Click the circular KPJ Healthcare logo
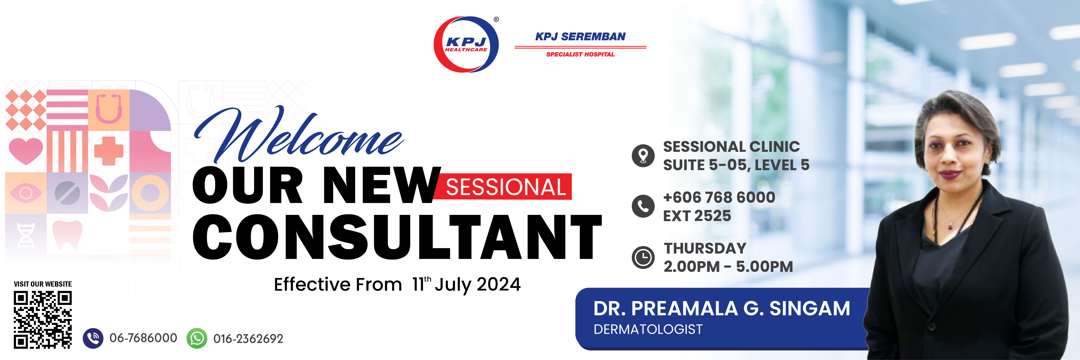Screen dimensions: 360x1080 tap(466, 44)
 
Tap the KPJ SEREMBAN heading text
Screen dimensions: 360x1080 tap(580, 37)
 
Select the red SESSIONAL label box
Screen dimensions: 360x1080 tap(505, 187)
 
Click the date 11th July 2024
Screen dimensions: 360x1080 tap(466, 285)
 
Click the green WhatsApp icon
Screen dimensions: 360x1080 tap(197, 338)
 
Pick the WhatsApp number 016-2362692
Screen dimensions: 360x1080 tap(248, 339)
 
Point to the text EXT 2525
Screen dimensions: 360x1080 tap(697, 216)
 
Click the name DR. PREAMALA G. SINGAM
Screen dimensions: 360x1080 tap(721, 309)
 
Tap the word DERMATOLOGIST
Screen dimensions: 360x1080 tap(648, 329)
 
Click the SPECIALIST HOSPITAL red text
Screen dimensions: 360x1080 tap(580, 54)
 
